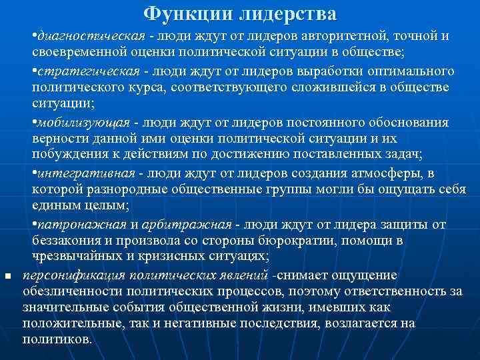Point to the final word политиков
[57, 339]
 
